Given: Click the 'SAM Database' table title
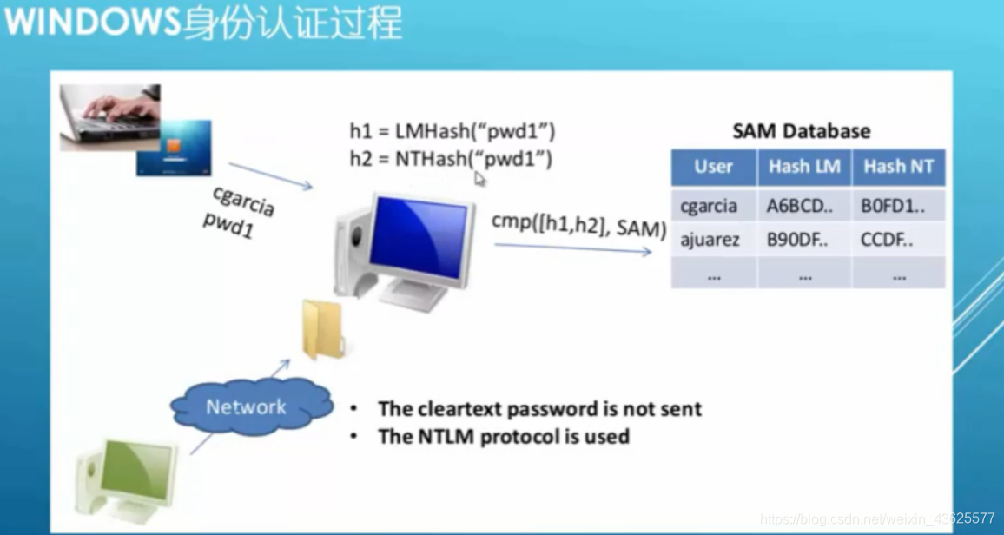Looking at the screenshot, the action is click(801, 131).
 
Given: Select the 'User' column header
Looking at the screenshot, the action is click(713, 167).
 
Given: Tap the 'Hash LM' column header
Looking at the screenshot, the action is click(804, 167).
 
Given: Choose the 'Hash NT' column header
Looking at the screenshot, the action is click(898, 167).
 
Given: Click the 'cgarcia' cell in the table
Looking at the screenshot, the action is click(709, 207).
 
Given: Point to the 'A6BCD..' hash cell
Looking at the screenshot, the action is click(797, 207).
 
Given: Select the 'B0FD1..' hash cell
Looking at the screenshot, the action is click(893, 207).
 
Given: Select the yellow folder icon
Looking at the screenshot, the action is click(323, 331).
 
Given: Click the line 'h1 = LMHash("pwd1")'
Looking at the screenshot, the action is click(452, 131).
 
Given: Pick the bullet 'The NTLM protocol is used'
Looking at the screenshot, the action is click(503, 436).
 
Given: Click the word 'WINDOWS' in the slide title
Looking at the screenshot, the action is click(91, 23).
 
